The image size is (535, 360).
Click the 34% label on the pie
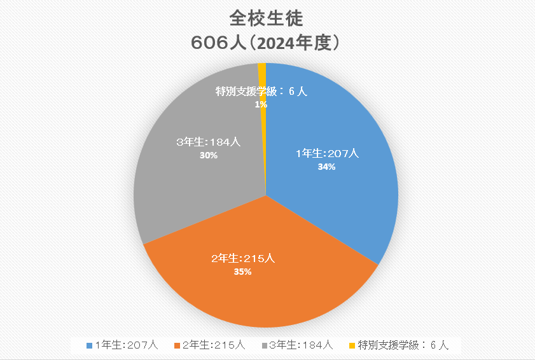coord(327,167)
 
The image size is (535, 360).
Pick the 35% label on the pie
coord(243,272)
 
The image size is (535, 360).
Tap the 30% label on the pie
coord(209,155)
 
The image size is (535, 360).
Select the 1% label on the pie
coord(261,104)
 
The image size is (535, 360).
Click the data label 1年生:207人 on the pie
coord(328,153)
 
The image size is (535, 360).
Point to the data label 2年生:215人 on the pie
coord(243,258)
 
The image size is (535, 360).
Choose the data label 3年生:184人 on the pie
coord(208,142)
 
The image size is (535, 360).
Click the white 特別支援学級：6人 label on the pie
coord(261,92)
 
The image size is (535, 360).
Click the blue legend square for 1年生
coord(89,345)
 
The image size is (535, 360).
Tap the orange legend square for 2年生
coord(177,345)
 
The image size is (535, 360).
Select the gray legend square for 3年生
coord(264,345)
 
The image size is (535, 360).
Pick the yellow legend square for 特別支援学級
coord(352,345)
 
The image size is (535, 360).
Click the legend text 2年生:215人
coord(214,345)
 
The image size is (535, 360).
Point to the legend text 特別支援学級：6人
coord(403,345)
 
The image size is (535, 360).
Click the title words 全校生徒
coord(267,18)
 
